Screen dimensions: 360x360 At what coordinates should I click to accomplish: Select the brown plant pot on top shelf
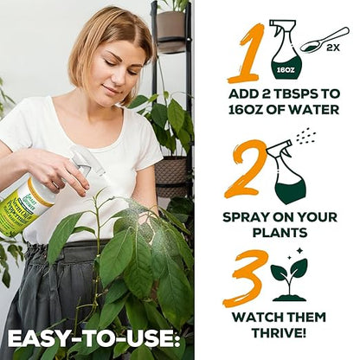(170, 27)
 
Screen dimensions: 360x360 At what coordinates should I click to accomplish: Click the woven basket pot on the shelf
(170, 174)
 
